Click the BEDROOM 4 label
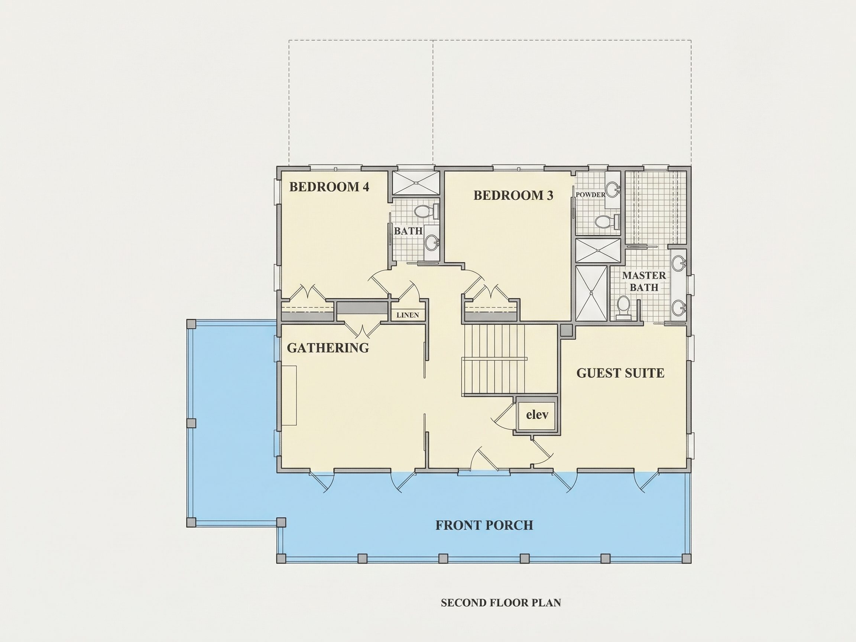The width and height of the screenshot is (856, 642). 329,187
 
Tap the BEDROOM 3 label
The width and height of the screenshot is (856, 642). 513,195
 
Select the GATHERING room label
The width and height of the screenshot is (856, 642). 328,348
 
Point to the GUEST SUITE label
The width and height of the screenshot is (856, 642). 620,373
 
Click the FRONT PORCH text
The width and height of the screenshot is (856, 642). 484,525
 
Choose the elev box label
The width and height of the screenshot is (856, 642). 537,415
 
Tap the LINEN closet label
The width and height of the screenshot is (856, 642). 408,315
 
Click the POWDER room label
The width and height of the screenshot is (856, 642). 590,195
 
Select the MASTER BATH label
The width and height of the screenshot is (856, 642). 644,281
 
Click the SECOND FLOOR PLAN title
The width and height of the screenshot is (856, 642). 501,603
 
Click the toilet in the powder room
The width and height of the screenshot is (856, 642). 607,221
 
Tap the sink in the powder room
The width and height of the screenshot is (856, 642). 613,189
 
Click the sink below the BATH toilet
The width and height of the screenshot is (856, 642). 432,243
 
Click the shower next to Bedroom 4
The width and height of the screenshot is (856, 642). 416,183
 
